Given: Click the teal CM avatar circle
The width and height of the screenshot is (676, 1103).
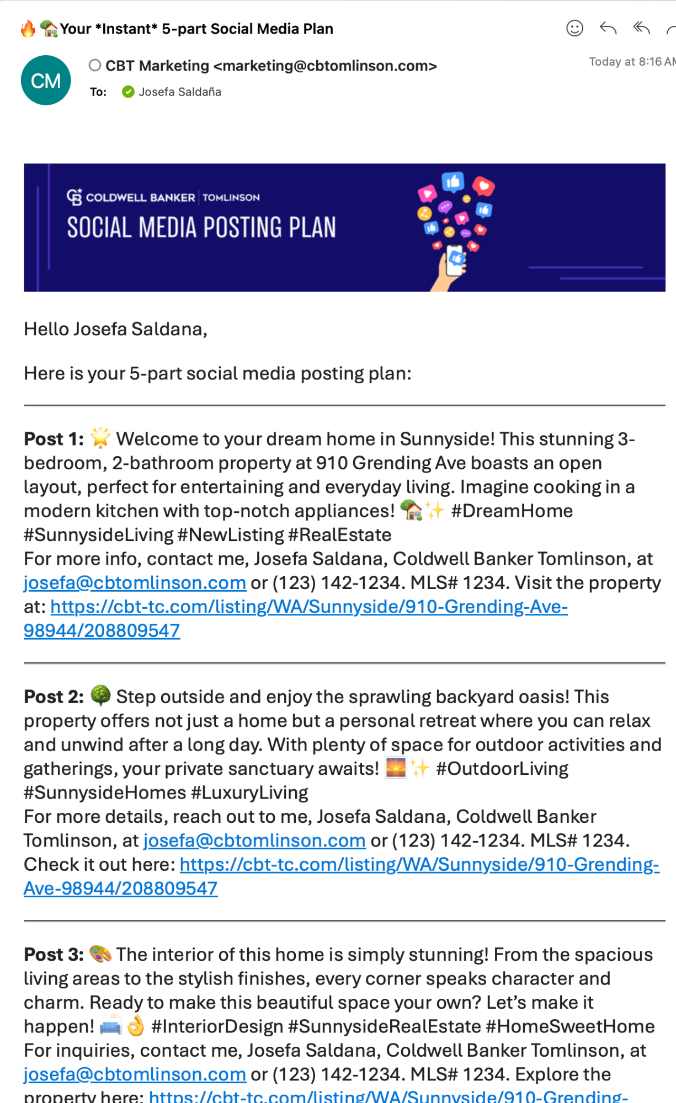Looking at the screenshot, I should point(46,81).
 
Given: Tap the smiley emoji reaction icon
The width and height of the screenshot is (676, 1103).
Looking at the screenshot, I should point(574,28).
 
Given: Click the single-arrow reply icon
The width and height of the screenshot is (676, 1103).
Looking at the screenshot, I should point(608,28).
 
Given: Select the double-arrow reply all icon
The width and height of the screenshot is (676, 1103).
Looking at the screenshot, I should point(641,28).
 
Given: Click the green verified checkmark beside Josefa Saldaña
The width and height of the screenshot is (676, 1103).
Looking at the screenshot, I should point(128,92).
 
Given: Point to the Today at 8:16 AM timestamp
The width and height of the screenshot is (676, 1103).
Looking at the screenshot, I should point(632,62).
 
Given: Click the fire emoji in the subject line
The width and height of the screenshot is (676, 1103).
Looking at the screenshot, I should point(28,29).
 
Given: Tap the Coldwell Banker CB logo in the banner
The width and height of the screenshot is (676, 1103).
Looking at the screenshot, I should point(74,197).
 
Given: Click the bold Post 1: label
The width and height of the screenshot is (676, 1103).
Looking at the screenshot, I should point(54,439).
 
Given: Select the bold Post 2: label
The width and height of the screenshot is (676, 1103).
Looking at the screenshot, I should point(54,697).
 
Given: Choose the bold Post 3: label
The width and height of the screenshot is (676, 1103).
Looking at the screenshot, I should point(54,955).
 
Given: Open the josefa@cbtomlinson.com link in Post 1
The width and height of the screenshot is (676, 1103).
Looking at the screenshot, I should point(135,583).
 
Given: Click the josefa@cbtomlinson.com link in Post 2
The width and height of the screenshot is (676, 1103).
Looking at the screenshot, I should point(254,840).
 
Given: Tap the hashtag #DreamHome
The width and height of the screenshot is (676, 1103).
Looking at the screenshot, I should point(512,511).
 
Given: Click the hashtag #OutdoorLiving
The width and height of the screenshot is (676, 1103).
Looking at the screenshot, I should point(502,769).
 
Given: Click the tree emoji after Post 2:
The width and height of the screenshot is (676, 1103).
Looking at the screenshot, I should point(100,695).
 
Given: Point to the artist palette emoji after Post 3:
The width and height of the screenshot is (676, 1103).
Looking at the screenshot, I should point(100,954).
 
